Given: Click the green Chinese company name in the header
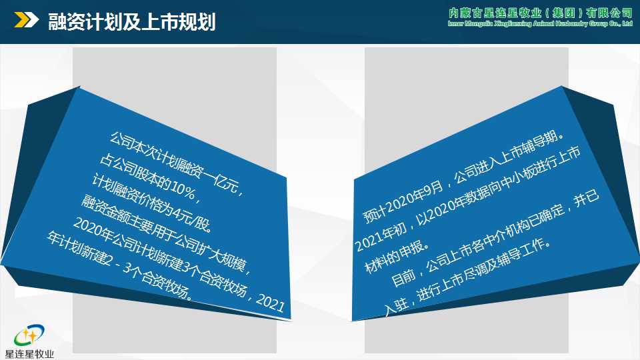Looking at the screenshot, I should [541, 13].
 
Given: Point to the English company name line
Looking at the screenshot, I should [541, 25].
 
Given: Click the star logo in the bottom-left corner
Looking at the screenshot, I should [29, 335].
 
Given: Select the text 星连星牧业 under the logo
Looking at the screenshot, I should [29, 353].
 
